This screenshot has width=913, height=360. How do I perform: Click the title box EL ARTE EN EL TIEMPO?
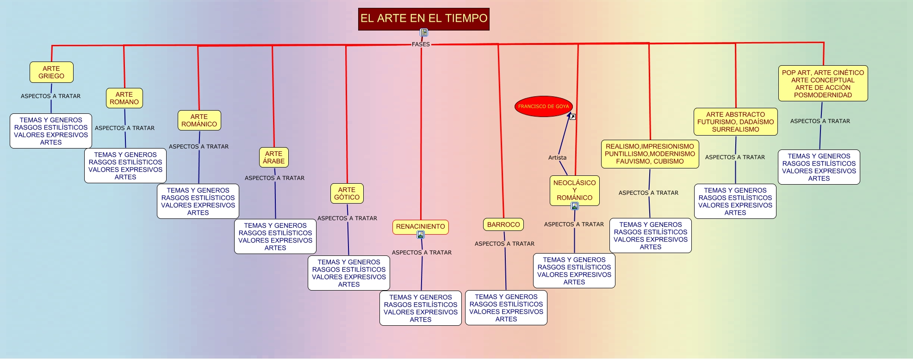point(423,19)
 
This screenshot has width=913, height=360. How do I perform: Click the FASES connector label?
point(421,44)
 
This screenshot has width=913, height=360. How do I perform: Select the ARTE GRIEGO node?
point(51,72)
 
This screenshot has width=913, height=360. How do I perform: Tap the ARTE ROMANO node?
point(124,98)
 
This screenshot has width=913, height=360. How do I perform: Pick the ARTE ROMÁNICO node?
point(199,120)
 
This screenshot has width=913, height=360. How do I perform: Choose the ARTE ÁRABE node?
point(273,157)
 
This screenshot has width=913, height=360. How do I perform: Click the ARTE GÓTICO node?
point(347,193)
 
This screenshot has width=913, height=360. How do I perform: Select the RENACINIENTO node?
point(420,226)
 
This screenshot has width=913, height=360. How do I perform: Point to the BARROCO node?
point(503,224)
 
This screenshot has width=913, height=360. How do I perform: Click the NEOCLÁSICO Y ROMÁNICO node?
point(574,190)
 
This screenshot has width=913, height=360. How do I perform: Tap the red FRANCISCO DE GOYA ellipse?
point(543,106)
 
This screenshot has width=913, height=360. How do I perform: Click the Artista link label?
point(557,157)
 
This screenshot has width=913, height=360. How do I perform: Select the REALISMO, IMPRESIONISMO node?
point(650,154)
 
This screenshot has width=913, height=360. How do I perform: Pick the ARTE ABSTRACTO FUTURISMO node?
point(735,122)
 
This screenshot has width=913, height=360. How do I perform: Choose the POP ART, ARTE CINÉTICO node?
point(823,83)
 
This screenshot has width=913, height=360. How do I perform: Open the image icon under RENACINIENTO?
point(421,235)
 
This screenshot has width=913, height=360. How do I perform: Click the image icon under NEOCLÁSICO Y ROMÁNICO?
point(575,206)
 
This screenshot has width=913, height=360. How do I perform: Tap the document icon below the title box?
point(423,32)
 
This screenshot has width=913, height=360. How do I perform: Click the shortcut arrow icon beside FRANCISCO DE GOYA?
point(572,117)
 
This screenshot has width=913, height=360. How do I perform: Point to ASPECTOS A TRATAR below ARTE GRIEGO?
point(50,96)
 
